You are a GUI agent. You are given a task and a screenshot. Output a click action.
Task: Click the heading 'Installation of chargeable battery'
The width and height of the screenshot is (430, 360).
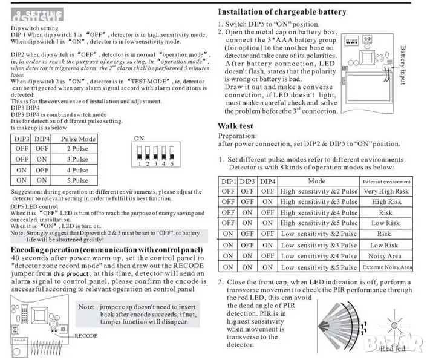point(282,11)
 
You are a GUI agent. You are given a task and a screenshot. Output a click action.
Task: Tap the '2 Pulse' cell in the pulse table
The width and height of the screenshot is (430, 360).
point(77,149)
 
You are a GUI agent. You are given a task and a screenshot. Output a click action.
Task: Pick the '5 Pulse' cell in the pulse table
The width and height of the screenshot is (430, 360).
point(77,180)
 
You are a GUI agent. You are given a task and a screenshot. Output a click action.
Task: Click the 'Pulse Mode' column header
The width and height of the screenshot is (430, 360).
point(78,139)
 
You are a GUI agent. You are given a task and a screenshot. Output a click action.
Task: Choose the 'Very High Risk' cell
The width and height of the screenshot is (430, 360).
point(386,191)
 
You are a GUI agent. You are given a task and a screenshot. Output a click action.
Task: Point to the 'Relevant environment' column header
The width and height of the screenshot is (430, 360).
point(386,181)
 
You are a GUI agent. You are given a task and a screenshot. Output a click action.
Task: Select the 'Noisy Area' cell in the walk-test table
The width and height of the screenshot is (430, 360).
point(386,257)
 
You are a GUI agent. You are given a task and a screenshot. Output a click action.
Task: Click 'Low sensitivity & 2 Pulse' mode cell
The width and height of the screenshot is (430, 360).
point(319,234)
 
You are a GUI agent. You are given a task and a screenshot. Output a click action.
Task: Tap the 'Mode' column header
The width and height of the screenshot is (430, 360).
point(316,181)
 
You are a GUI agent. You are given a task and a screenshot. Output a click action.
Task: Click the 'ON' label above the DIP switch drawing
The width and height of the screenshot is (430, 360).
point(138,138)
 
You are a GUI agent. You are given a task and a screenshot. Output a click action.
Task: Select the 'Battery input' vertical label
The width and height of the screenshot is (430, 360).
point(403,67)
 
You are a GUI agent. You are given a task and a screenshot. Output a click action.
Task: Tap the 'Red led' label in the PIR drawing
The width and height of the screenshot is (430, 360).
point(393,349)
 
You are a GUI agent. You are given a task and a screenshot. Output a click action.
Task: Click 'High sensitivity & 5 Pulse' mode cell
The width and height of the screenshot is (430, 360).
point(319,223)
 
